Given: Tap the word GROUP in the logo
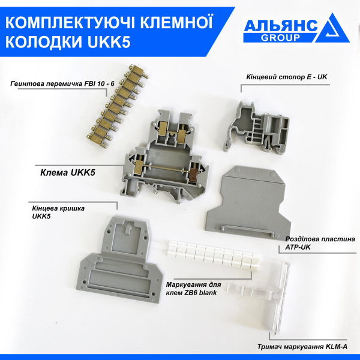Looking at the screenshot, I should tap(280, 37).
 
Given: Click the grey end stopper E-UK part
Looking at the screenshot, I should tap(262, 124).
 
